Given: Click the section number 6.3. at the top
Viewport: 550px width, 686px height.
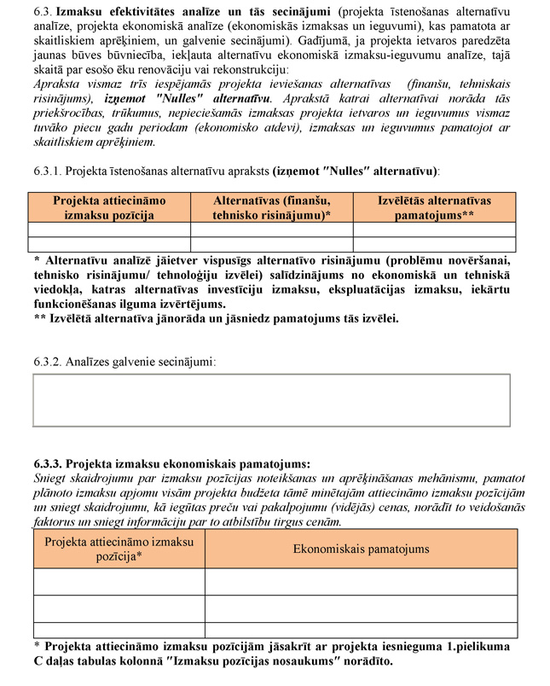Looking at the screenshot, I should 42,13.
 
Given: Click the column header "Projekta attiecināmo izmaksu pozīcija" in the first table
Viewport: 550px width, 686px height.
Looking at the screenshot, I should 109,208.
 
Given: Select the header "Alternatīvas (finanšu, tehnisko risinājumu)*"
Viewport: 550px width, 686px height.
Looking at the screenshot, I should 271,208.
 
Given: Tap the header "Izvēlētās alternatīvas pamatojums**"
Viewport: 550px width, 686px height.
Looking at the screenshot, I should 434,208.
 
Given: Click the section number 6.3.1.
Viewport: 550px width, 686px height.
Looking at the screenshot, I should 47,171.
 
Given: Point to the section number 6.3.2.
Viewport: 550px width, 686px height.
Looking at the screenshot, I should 47,362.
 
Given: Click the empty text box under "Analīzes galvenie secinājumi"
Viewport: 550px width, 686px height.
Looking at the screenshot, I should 275,400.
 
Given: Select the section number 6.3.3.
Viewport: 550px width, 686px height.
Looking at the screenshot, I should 47,465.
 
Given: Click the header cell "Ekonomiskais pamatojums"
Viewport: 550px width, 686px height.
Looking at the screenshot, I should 361,549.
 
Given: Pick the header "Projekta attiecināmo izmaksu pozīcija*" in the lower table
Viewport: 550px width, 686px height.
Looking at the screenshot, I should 119,549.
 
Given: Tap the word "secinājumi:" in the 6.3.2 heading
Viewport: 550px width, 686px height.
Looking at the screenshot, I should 186,362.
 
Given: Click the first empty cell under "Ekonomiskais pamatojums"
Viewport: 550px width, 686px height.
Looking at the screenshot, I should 361,582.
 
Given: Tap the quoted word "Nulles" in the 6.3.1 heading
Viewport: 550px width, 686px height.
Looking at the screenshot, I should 364,171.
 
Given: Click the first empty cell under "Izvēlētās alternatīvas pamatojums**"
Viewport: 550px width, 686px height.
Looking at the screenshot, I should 434,229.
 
